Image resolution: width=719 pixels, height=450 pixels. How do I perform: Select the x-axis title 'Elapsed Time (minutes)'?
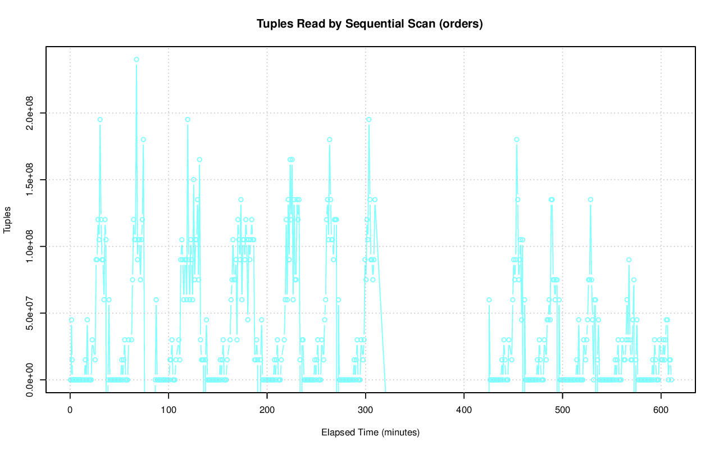coord(370,433)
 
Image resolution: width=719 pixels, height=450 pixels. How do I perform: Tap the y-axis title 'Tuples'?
coord(8,219)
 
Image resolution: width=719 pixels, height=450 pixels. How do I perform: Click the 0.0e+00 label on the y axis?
coord(30,380)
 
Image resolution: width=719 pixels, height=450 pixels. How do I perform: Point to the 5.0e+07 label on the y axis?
coord(30,313)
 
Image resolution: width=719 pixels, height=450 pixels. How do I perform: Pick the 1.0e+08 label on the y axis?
coord(30,246)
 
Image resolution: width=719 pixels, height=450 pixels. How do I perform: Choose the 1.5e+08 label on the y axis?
coord(30,180)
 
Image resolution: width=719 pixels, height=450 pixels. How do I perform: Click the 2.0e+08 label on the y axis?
coord(30,113)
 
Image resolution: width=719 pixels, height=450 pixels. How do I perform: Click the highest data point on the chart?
coord(136,60)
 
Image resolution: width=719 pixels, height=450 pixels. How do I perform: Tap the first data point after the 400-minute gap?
coord(489,300)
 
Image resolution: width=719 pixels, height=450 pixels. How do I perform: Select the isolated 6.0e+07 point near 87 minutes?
coord(156,300)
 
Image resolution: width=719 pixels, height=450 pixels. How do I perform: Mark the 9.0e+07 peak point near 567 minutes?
coord(629,260)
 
